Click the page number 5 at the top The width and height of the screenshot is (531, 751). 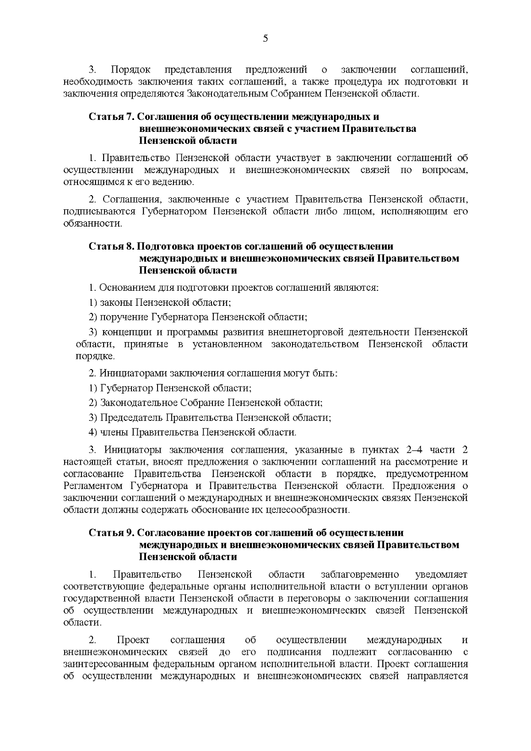tap(265, 39)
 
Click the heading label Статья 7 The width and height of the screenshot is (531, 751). tap(111, 117)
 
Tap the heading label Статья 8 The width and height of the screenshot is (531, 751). tap(111, 246)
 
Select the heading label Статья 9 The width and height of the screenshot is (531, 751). tap(111, 533)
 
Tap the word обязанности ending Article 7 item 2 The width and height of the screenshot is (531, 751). tap(92, 223)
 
